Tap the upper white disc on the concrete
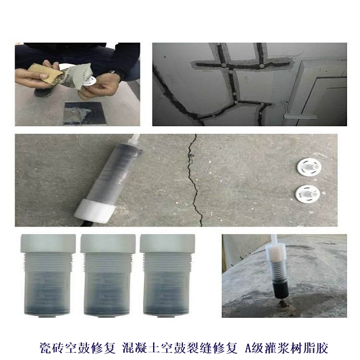[309, 167]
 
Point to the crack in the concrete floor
[194, 180]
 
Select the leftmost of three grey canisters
[48, 276]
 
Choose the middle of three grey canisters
[108, 276]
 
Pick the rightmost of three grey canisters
[168, 276]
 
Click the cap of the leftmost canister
[48, 243]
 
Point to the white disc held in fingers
[89, 81]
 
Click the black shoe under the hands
[44, 91]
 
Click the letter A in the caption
[249, 348]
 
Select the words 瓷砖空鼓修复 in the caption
[77, 348]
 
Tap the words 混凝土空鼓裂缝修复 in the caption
[180, 348]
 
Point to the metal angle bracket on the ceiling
[301, 116]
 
